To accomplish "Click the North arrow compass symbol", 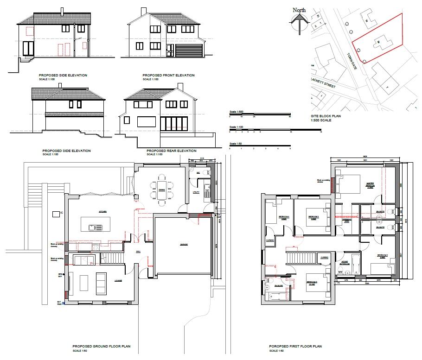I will [299, 21].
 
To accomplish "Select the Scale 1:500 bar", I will [259, 114].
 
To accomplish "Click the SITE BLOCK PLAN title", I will [326, 116].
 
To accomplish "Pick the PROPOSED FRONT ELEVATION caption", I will [168, 76].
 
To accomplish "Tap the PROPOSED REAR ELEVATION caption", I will [171, 151].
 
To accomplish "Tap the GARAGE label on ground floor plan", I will [184, 244].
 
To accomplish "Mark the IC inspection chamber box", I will [56, 214].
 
